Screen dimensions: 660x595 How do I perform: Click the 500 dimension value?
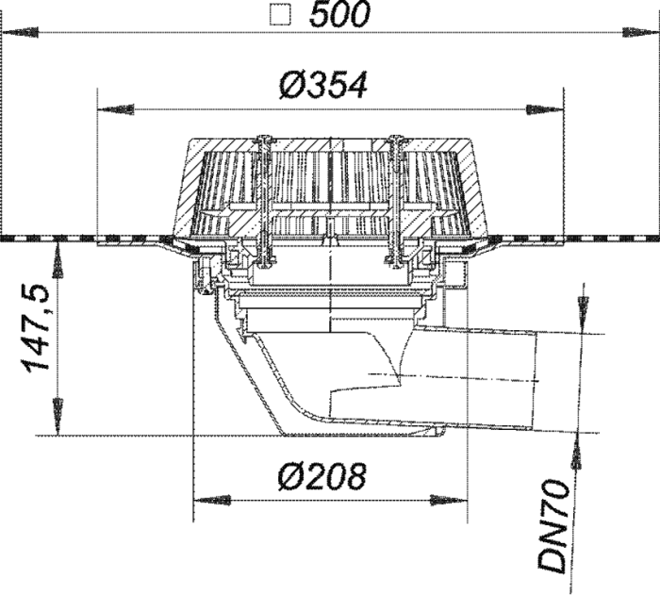pos(339,15)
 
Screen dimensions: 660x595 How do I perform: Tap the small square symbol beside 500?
pos(280,16)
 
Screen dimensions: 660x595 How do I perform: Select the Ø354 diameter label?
pos(322,86)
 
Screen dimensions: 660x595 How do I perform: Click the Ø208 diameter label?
pos(322,476)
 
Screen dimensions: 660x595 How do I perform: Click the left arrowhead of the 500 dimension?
pos(20,32)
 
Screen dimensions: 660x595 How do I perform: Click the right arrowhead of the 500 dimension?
pos(640,32)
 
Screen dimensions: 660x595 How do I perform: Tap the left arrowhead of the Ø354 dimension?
pos(116,110)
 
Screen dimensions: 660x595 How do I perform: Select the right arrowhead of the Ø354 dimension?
pos(545,110)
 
